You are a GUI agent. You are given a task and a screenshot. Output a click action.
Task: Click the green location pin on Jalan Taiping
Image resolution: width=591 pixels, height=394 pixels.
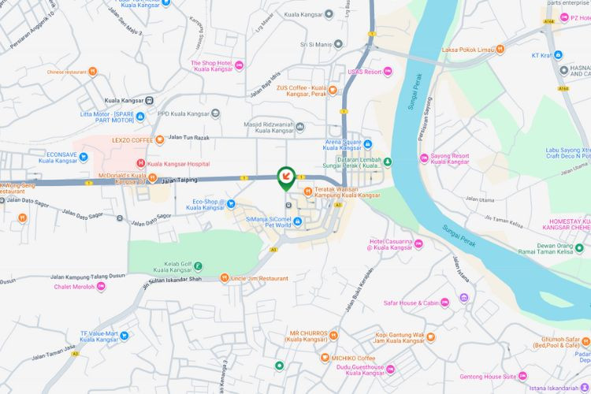coord(286,177)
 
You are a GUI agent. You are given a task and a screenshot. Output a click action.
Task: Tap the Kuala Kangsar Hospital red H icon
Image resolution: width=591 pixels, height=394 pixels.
coord(140,164)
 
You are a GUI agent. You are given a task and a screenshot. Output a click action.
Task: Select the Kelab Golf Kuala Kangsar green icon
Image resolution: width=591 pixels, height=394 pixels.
coord(198,266)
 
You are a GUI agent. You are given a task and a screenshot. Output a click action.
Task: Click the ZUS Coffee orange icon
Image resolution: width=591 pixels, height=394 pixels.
coord(334,91)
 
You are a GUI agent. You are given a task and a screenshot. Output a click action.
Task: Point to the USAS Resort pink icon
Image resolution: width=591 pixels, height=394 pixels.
coord(388,72)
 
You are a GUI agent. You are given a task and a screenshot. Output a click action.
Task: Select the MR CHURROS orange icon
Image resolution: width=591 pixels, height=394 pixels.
coord(334,335)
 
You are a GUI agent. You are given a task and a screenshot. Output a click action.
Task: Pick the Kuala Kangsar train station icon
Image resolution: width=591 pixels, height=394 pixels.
coord(149,101)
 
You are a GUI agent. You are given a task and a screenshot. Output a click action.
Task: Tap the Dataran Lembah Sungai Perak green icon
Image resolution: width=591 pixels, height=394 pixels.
coord(387,162)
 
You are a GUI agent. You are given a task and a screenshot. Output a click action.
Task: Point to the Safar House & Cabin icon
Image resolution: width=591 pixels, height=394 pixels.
coord(444,302)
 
